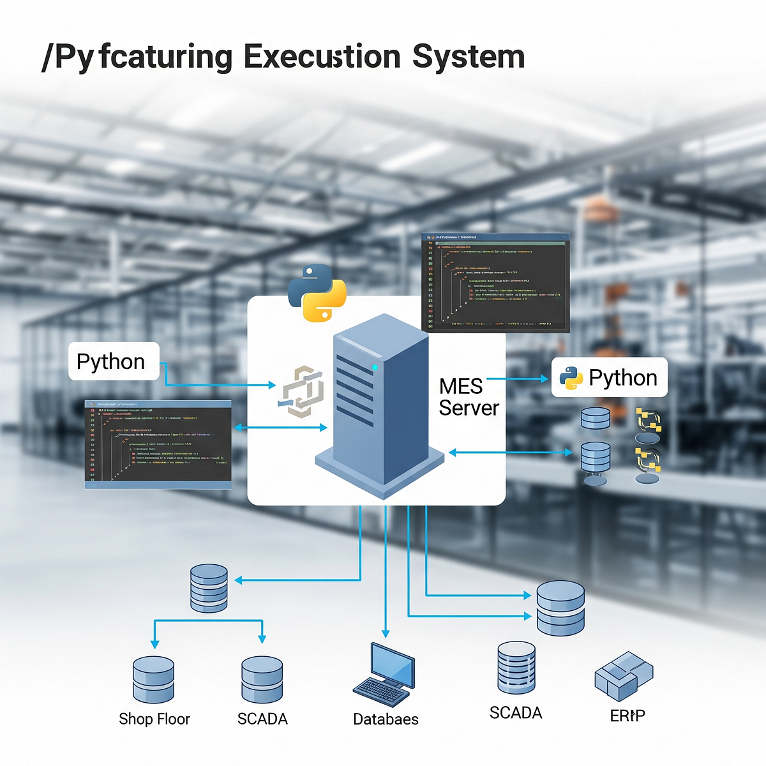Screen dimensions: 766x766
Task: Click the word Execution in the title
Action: pyautogui.click(x=322, y=57)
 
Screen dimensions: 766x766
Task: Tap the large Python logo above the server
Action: pyautogui.click(x=317, y=293)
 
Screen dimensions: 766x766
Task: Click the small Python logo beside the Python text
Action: pyautogui.click(x=571, y=378)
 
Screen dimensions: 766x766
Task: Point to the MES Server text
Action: pyautogui.click(x=469, y=397)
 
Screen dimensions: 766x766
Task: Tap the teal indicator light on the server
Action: pyautogui.click(x=375, y=367)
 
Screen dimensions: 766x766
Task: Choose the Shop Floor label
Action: pyautogui.click(x=154, y=719)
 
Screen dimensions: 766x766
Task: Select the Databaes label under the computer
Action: pyautogui.click(x=386, y=719)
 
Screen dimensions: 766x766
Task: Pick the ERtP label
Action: pyautogui.click(x=627, y=716)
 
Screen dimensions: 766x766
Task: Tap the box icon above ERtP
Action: pyautogui.click(x=624, y=675)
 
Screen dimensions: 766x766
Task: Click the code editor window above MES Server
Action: pyautogui.click(x=495, y=282)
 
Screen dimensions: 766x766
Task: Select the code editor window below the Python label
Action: pyautogui.click(x=158, y=444)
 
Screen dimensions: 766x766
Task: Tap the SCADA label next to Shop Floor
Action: pyautogui.click(x=262, y=719)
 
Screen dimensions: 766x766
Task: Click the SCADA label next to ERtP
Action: pyautogui.click(x=516, y=712)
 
